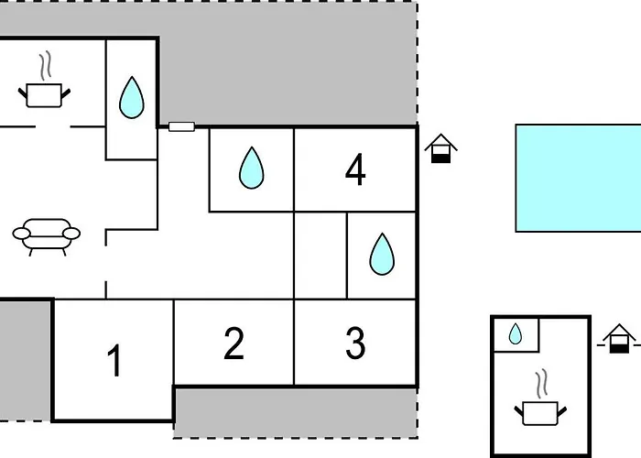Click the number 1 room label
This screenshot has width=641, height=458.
point(114,361)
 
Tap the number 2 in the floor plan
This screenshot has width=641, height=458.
point(234,343)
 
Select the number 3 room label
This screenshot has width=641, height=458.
point(355,343)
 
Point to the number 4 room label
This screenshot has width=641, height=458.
point(355,170)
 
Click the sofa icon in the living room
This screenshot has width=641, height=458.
point(47,234)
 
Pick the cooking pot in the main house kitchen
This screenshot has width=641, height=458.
point(43,93)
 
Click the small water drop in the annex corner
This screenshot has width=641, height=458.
point(516,334)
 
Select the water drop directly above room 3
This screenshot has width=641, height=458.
point(382,254)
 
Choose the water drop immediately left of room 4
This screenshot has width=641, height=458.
point(251,168)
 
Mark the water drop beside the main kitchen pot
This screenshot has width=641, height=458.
point(132,97)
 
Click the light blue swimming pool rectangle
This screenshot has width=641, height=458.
point(578,178)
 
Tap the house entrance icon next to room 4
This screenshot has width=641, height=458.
point(441,148)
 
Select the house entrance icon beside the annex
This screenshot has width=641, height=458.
point(620,338)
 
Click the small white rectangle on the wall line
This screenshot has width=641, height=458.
point(181,126)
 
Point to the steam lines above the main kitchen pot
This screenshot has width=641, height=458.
point(44,67)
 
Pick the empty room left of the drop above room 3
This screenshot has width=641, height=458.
point(320,255)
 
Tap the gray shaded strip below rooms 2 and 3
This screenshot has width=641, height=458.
point(295,411)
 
